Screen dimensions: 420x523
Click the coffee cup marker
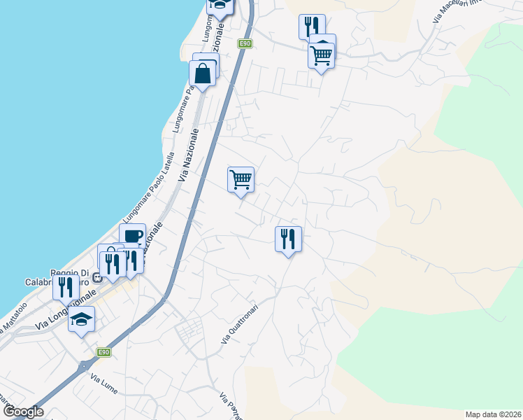(132, 235)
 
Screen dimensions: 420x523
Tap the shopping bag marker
(202, 73)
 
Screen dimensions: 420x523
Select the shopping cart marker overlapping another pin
(321, 54)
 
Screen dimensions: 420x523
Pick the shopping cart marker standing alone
(241, 180)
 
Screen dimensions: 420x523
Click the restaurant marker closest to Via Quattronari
(288, 239)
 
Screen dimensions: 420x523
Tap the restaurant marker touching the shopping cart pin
(311, 27)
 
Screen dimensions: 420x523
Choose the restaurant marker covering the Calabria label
(66, 286)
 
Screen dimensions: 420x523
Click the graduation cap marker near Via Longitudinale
(82, 319)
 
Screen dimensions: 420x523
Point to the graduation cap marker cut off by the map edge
(220, 6)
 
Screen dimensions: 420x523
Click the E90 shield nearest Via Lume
(103, 351)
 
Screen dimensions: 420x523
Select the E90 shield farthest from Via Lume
(244, 43)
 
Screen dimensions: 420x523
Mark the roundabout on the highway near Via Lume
(85, 365)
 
